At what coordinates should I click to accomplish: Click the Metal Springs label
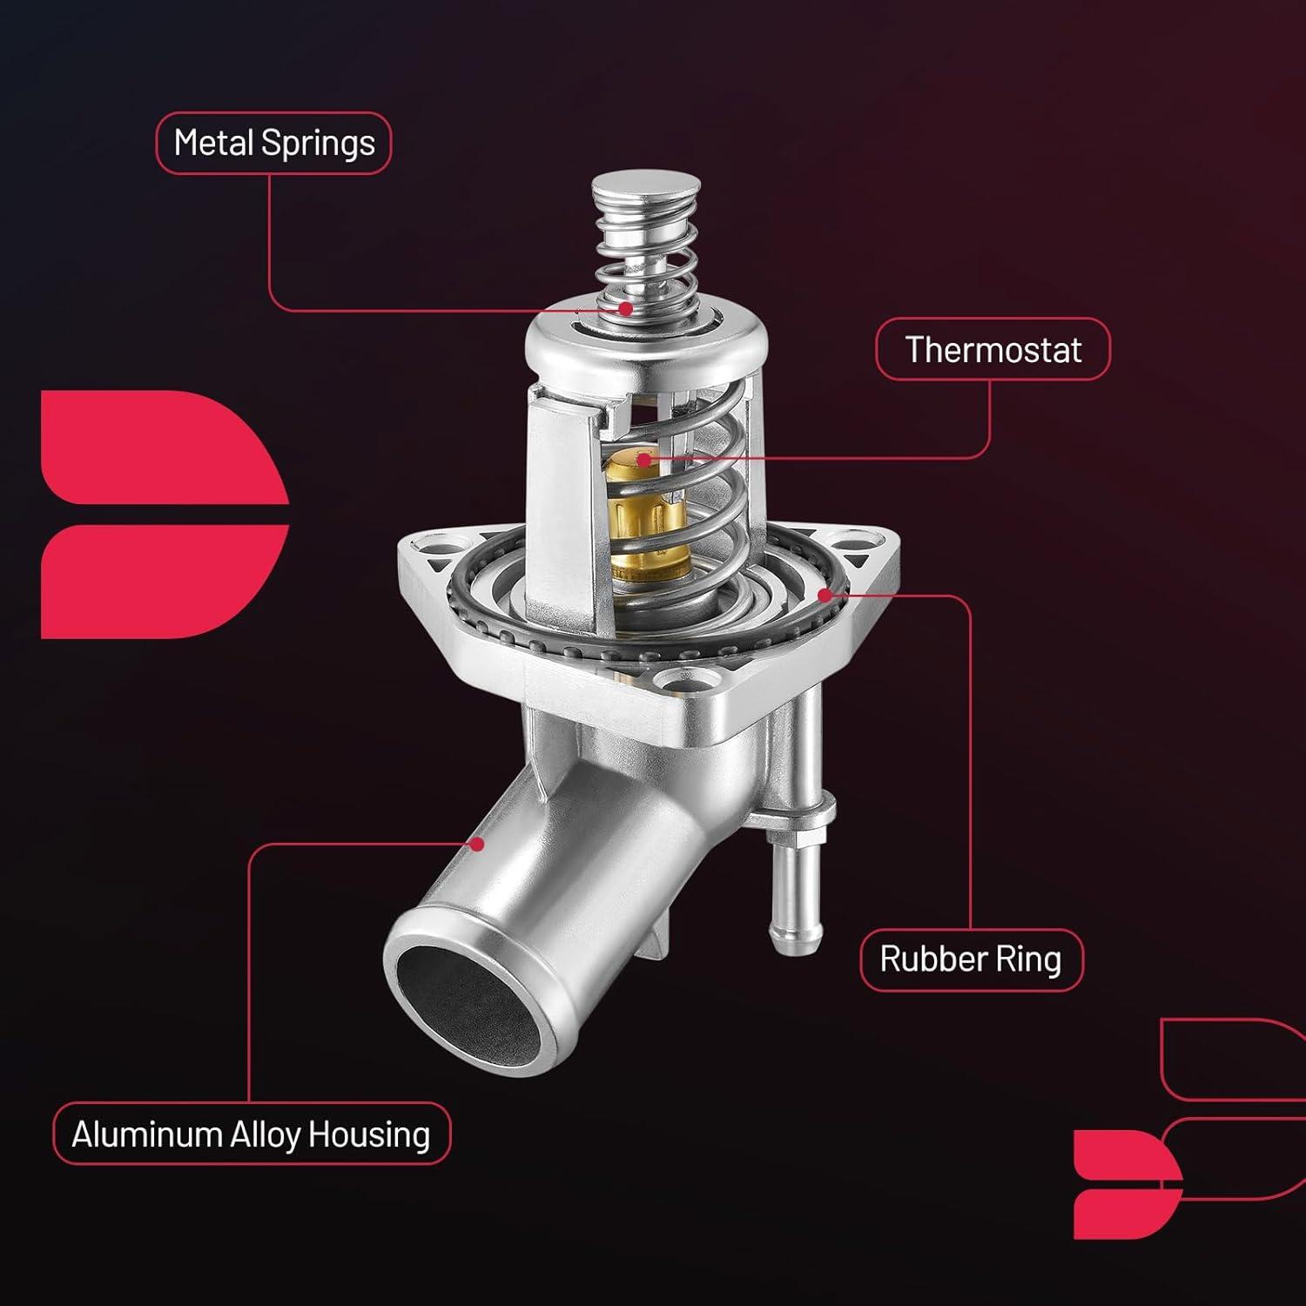tap(273, 143)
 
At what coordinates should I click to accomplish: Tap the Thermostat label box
tap(993, 349)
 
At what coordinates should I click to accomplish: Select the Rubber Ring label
tap(971, 959)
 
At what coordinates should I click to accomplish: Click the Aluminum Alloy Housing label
tap(252, 1134)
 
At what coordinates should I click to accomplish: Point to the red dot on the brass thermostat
tap(643, 459)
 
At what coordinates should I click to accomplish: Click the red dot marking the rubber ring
tap(824, 595)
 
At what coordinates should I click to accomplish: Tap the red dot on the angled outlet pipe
tap(476, 843)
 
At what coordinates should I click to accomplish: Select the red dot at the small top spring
tap(625, 307)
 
